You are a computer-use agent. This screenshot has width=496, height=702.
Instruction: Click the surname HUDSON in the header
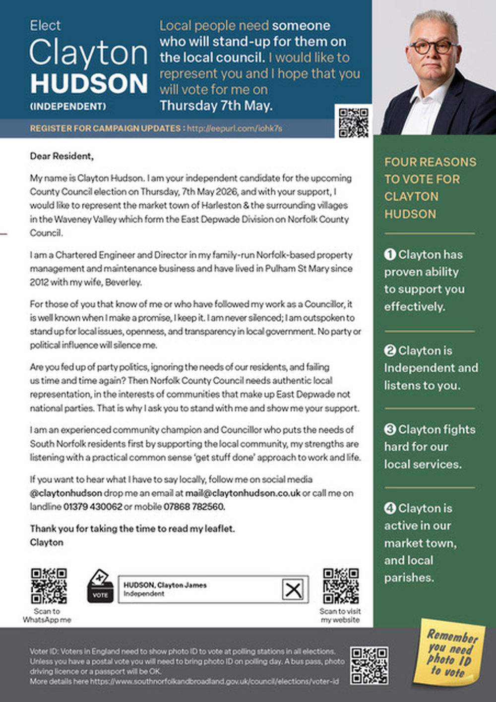coord(89,83)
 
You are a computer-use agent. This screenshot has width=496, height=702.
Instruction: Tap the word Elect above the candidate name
coord(45,26)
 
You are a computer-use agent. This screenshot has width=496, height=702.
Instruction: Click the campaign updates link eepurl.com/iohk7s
coord(235,128)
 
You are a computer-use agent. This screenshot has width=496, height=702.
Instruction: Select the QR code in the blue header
coord(354,122)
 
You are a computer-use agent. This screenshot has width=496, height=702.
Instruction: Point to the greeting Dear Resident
coord(62,156)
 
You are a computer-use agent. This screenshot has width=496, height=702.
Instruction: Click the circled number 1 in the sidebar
coord(390,254)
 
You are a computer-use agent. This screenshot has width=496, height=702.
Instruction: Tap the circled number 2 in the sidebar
coord(390,351)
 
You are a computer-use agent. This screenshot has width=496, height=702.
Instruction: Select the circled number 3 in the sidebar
coord(390,429)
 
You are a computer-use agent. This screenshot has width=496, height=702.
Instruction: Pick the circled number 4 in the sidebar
coord(390,508)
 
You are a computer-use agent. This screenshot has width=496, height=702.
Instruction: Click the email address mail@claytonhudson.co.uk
coord(243,493)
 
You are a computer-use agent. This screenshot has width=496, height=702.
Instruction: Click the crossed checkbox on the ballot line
coord(293,590)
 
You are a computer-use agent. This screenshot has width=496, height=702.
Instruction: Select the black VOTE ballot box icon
coord(100,586)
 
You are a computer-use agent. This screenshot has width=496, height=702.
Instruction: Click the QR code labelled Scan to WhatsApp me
coord(49,586)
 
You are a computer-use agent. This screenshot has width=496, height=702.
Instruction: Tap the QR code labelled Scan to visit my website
coord(341,586)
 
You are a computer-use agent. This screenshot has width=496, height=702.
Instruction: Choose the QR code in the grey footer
coord(369,665)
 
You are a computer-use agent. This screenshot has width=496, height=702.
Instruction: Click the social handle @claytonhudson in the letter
coord(66,493)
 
